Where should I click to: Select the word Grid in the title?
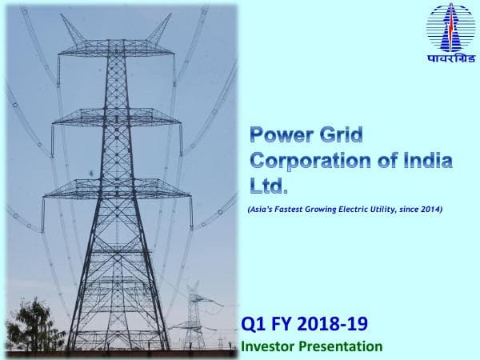pos(339,134)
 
